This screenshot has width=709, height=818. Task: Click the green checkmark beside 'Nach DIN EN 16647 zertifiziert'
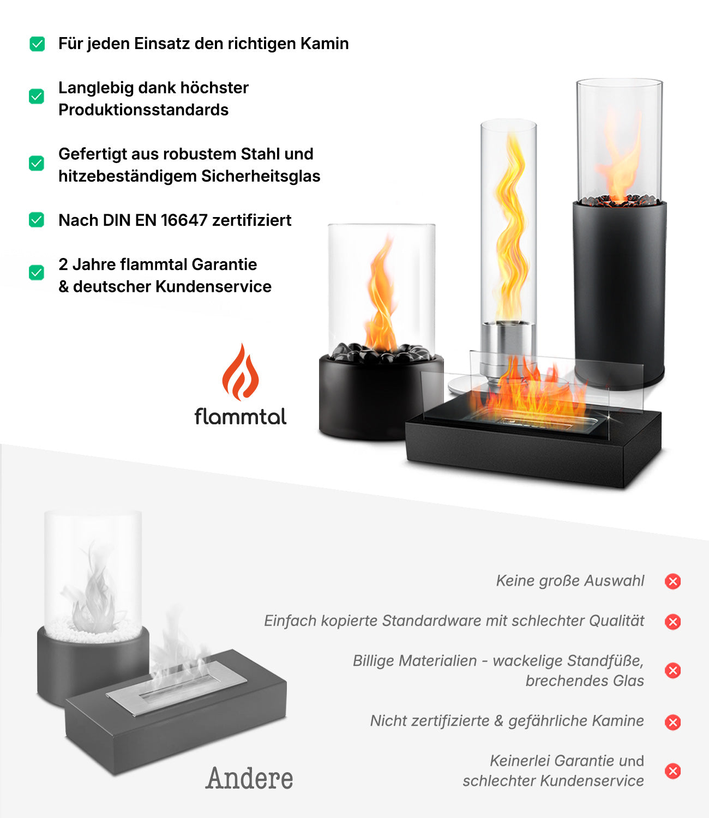click(x=37, y=220)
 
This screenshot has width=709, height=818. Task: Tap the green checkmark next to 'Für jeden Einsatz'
click(x=37, y=44)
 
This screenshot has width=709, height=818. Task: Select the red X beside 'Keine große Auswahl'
click(x=672, y=581)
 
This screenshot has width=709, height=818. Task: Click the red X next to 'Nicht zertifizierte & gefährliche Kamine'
click(x=672, y=722)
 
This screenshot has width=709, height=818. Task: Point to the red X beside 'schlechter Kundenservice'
click(x=672, y=771)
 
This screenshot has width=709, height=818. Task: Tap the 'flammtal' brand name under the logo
click(x=241, y=417)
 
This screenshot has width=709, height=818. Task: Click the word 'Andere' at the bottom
click(x=249, y=778)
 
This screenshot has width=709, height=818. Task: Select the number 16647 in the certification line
click(x=184, y=220)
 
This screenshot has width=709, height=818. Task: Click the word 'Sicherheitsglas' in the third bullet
click(x=261, y=177)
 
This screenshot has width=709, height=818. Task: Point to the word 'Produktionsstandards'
click(x=143, y=110)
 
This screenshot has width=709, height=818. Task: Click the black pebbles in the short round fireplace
click(x=382, y=353)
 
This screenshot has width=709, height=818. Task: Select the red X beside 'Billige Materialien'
click(x=672, y=670)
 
